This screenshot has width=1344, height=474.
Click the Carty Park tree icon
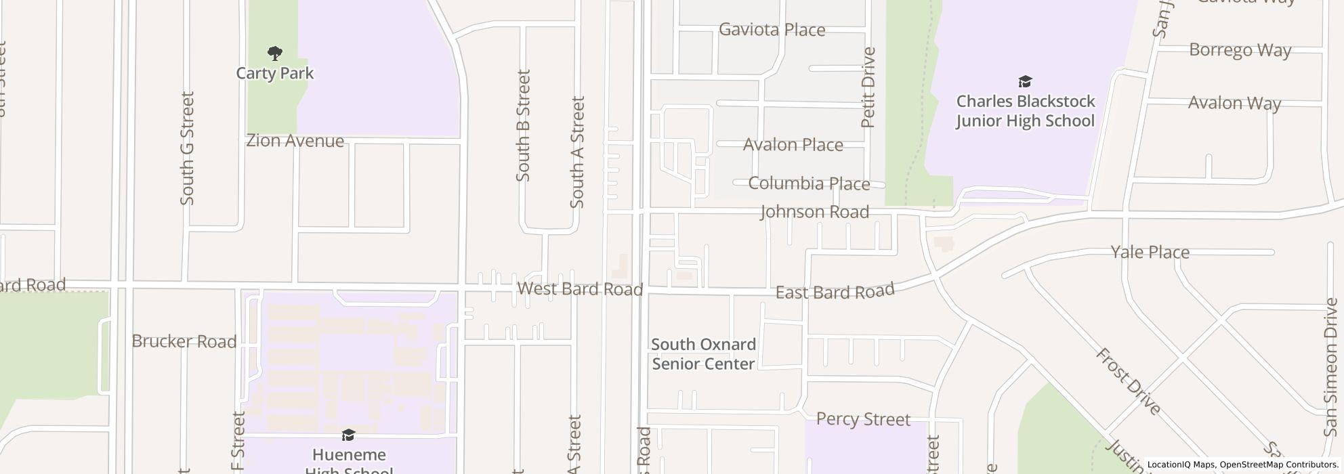click(x=274, y=53)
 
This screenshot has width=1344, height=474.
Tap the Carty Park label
click(x=274, y=73)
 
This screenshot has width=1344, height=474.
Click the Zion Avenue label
click(x=295, y=141)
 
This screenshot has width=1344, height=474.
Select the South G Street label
click(x=187, y=148)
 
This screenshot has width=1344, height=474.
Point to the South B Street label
click(x=523, y=126)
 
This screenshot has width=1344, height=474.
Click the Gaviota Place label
click(x=772, y=30)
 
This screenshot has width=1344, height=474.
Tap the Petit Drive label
click(x=868, y=87)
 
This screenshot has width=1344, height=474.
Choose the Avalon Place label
click(x=793, y=145)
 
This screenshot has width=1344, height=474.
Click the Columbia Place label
click(x=809, y=184)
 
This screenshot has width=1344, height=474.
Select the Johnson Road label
click(x=814, y=212)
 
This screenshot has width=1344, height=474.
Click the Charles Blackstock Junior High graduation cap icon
click(x=1025, y=82)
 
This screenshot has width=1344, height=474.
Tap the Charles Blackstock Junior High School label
click(x=1025, y=111)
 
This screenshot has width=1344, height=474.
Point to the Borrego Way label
click(x=1240, y=51)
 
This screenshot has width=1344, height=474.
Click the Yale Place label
click(x=1150, y=253)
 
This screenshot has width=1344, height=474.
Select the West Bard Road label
click(x=580, y=289)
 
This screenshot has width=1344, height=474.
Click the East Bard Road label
click(x=835, y=292)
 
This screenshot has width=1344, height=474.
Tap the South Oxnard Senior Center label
click(x=703, y=354)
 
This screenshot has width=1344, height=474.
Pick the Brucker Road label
click(x=184, y=341)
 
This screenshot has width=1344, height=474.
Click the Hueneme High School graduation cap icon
click(x=348, y=435)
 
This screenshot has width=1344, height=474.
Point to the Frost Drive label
click(x=1128, y=381)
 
